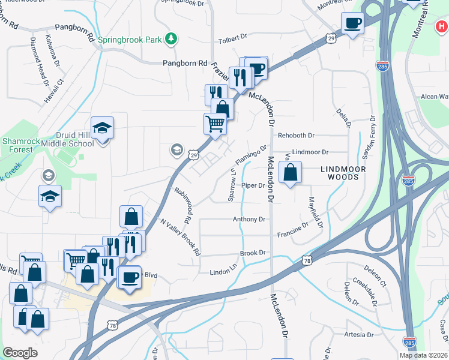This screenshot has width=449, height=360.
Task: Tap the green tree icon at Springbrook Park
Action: (x=172, y=39)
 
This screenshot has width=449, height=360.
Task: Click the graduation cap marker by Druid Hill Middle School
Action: (x=103, y=128)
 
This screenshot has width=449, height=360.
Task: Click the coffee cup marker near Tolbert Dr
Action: (x=352, y=23)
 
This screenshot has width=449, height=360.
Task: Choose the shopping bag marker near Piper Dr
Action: (x=290, y=173)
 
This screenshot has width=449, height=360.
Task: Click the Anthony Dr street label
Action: (x=249, y=220)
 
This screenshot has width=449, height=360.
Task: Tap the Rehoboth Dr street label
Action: (x=292, y=136)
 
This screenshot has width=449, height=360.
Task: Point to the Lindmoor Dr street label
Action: (x=310, y=153)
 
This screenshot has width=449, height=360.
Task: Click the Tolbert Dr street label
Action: (x=233, y=40)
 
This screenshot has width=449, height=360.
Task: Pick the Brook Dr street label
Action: (x=253, y=253)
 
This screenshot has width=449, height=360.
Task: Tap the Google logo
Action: (x=20, y=352)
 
